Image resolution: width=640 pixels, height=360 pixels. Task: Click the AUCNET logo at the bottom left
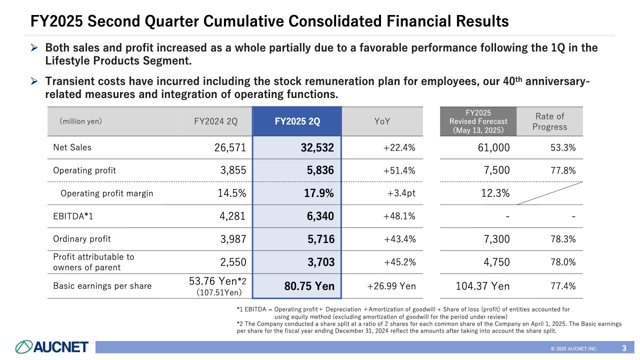[x=51, y=346]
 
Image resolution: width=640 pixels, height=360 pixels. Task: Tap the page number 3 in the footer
[x=624, y=348]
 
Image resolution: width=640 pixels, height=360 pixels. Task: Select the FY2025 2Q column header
[x=297, y=121]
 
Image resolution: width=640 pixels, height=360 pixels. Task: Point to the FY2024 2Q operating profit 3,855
[x=233, y=170]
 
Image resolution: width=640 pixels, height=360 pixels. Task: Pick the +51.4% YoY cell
[x=399, y=170]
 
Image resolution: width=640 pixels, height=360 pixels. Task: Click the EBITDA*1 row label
[x=73, y=216]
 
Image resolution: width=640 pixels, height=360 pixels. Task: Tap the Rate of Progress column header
[x=549, y=121]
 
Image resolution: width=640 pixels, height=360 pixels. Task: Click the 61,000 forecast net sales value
[x=493, y=147]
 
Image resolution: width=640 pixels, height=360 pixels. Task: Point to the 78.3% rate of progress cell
[x=562, y=239]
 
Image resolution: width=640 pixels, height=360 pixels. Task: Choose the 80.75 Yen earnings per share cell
[x=309, y=286]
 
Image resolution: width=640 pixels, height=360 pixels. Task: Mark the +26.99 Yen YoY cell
[x=391, y=286]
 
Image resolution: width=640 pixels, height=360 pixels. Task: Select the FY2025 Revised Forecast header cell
[x=478, y=121]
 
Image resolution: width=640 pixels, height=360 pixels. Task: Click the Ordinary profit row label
[x=82, y=239]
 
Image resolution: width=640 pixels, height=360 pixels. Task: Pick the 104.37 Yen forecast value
[x=482, y=286]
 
